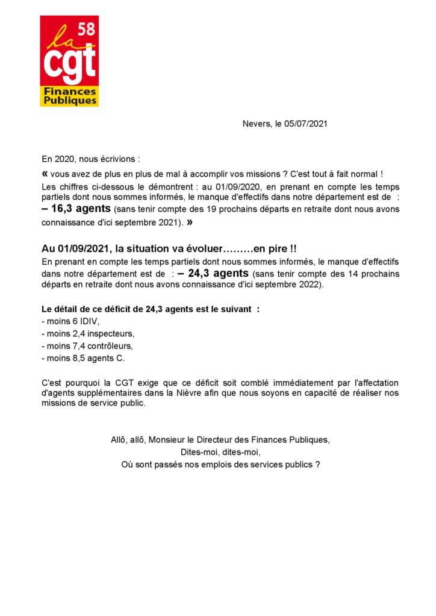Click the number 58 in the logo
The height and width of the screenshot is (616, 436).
coord(86,28)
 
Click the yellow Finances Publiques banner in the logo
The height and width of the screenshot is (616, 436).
coord(69,96)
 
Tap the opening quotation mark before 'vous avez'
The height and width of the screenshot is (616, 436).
coord(46,173)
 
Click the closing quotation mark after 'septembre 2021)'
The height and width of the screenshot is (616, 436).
coord(190,222)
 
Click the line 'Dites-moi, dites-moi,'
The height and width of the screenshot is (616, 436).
coord(220,452)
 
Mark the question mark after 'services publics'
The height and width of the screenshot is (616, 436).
coord(317,464)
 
